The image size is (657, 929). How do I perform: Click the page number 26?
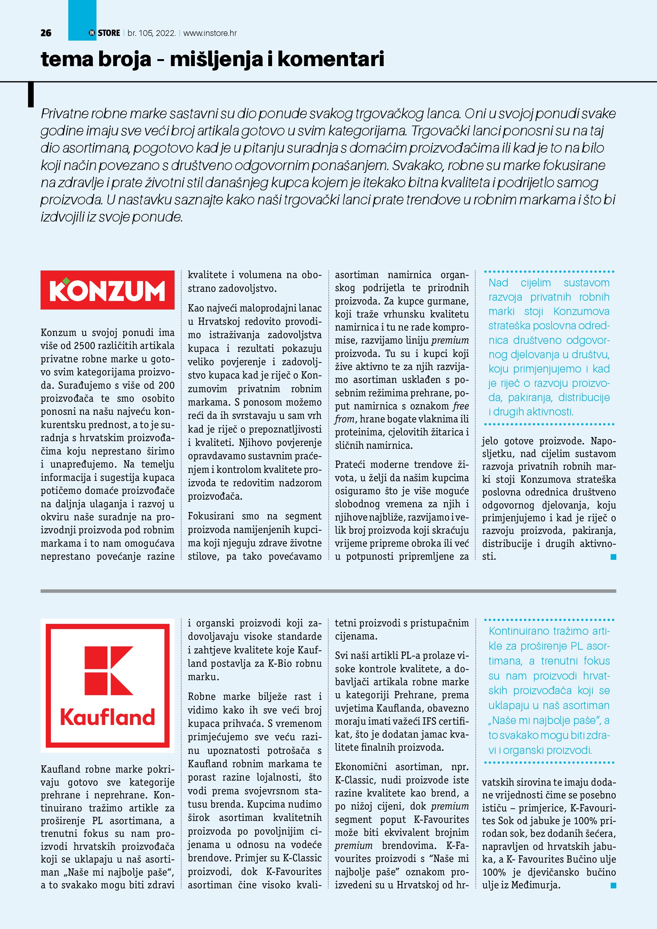point(46,33)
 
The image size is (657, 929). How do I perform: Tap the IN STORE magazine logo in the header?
point(104,33)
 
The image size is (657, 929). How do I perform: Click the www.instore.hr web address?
point(210,33)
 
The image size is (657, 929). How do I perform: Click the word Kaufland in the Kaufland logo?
point(108,717)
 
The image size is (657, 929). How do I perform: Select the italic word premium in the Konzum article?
point(450,340)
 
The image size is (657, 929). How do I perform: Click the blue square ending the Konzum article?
point(613,557)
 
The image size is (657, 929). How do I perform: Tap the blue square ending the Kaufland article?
point(613,886)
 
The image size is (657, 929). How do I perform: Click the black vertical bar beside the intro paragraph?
point(31,95)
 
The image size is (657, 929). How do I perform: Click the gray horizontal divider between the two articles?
point(328,591)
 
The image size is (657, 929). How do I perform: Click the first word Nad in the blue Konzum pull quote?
point(498,283)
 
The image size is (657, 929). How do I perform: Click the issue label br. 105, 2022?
point(151,33)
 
